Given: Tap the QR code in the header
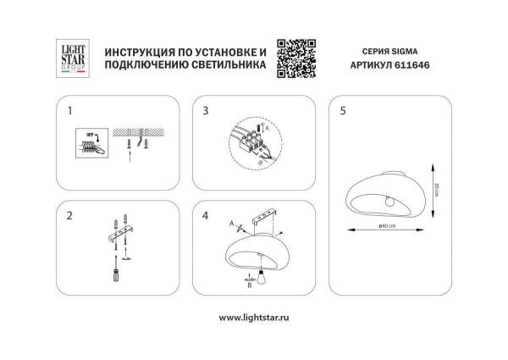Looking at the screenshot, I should (x=295, y=57).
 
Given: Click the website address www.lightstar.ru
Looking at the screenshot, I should (x=254, y=318).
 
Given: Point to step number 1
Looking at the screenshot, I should (x=71, y=110).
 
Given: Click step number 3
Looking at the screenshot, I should (x=206, y=110).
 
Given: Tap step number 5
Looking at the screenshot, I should (x=342, y=110).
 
